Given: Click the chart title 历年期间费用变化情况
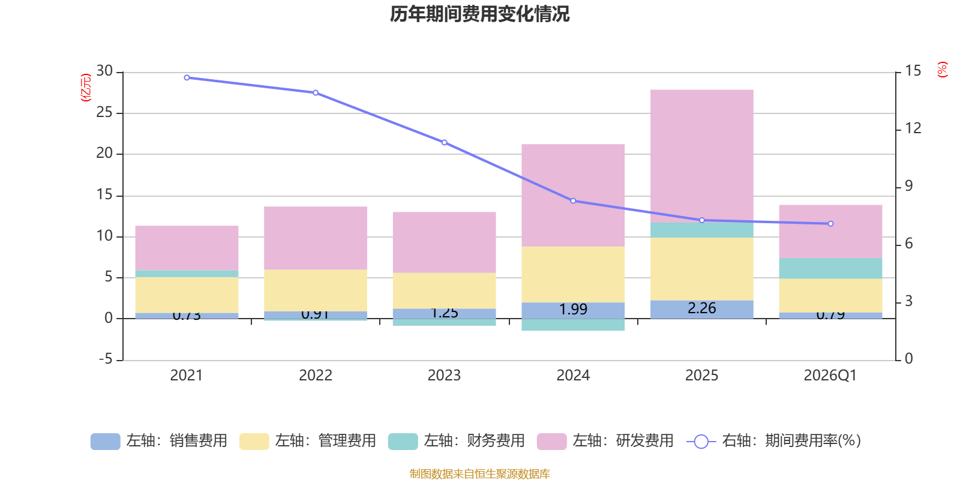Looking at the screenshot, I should pyautogui.click(x=479, y=14).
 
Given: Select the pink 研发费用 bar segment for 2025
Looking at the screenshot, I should pyautogui.click(x=701, y=156).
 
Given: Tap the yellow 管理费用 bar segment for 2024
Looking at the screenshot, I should pyautogui.click(x=573, y=274).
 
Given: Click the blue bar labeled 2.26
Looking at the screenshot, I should pyautogui.click(x=701, y=309).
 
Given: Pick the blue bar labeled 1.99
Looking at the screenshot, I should pyautogui.click(x=573, y=310).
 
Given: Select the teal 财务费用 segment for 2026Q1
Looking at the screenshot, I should pyautogui.click(x=830, y=268).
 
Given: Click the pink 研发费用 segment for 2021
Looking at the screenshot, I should pyautogui.click(x=187, y=248).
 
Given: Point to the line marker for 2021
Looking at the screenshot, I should pyautogui.click(x=187, y=77).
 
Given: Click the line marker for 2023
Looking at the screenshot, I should pyautogui.click(x=444, y=143).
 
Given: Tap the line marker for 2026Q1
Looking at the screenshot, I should pyautogui.click(x=830, y=224).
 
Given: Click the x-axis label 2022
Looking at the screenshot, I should pyautogui.click(x=316, y=376).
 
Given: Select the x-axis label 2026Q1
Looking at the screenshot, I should pyautogui.click(x=830, y=376).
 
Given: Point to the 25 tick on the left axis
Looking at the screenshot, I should pyautogui.click(x=104, y=112).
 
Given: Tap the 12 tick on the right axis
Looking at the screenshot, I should pyautogui.click(x=913, y=128).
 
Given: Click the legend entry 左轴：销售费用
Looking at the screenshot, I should pyautogui.click(x=159, y=441).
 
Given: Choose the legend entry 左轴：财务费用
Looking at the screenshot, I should pyautogui.click(x=457, y=441).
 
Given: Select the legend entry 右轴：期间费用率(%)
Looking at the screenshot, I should pyautogui.click(x=774, y=441).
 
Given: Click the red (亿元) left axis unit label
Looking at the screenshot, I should pyautogui.click(x=86, y=88).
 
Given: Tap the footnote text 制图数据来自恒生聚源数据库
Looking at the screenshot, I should pyautogui.click(x=479, y=474).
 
